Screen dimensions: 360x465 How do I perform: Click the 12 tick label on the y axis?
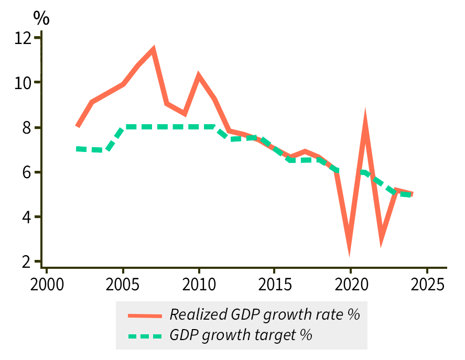(x=23, y=38)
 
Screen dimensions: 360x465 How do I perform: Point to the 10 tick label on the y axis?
(x=23, y=83)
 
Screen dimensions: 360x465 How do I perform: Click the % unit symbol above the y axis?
(x=41, y=18)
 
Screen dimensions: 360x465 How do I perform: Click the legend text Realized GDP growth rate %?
(x=265, y=314)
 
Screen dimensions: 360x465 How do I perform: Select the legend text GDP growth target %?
(x=241, y=335)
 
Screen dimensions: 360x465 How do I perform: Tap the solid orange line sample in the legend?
(x=145, y=315)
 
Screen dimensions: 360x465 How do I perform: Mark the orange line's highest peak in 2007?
(x=153, y=50)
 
